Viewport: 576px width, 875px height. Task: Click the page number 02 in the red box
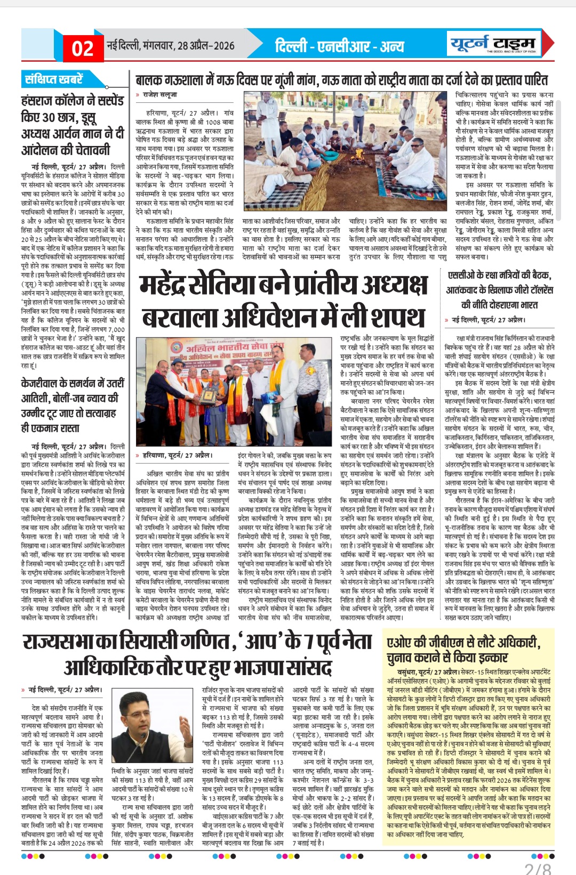point(83,48)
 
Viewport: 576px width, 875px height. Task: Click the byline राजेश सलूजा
point(159,94)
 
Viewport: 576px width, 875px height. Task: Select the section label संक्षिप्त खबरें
point(54,79)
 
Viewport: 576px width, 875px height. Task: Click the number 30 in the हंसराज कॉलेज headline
point(47,117)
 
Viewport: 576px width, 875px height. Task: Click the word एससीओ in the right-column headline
point(462,276)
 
